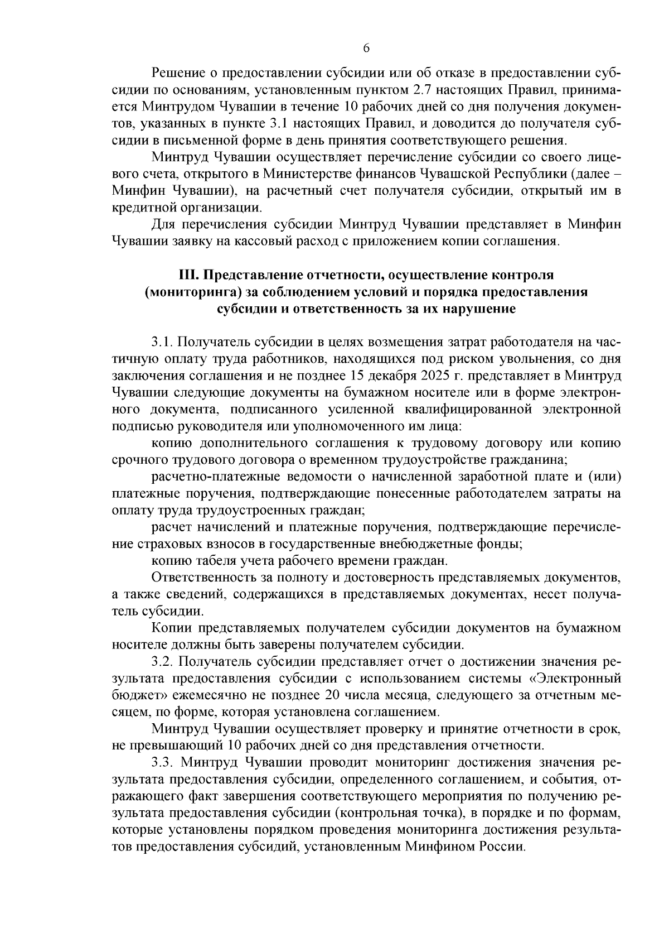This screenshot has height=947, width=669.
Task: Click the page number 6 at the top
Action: click(x=366, y=49)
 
